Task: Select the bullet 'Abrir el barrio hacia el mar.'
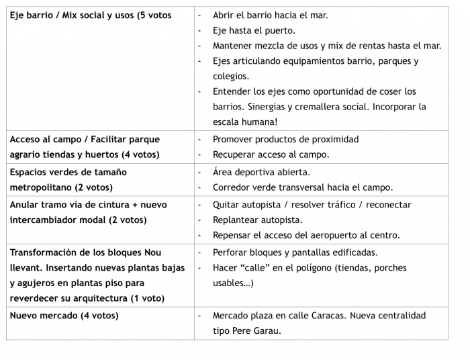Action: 270,15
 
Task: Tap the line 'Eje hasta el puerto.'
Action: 254,30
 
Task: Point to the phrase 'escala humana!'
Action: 245,122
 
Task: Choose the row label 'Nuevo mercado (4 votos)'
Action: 64,315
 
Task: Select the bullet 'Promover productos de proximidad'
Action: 285,139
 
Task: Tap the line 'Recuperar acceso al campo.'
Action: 271,154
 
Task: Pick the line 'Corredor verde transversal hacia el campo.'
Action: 303,187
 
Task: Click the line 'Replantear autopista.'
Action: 257,220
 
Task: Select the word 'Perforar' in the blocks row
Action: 231,253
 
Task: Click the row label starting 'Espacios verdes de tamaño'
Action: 68,172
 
